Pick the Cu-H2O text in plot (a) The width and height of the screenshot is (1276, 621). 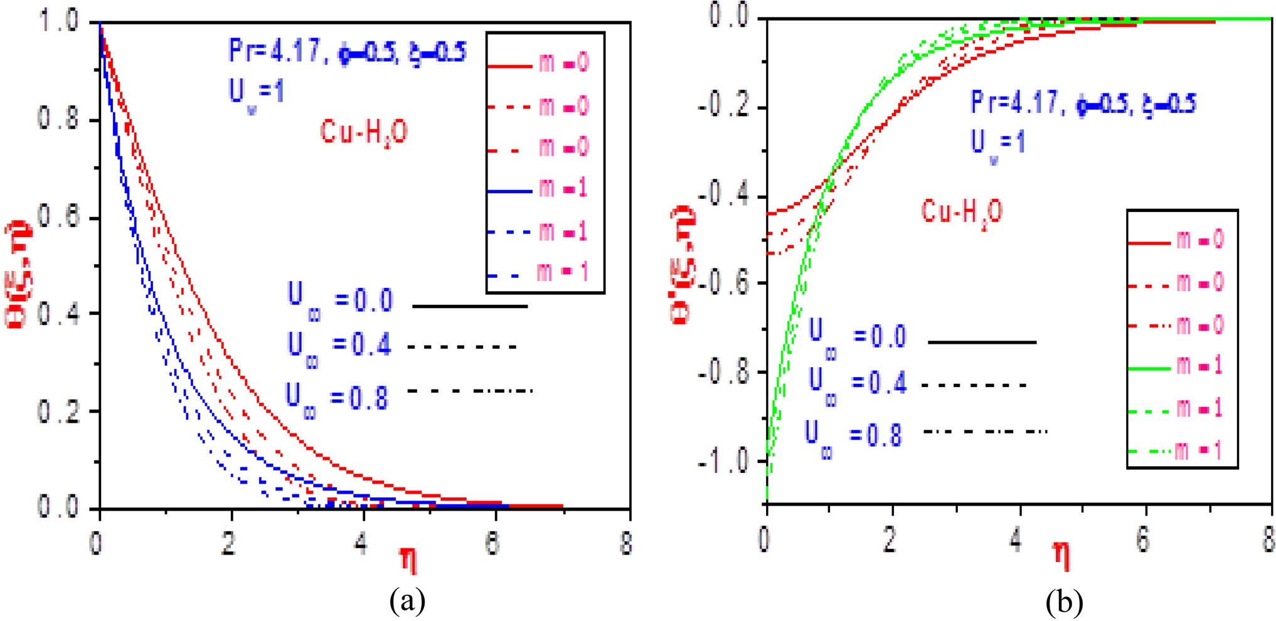click(x=364, y=133)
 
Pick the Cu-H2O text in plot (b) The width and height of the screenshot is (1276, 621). click(x=962, y=212)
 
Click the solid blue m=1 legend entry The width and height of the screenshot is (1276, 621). click(x=538, y=189)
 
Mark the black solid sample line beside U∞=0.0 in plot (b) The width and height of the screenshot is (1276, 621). click(x=982, y=342)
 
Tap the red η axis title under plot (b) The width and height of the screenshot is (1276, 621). click(x=1061, y=555)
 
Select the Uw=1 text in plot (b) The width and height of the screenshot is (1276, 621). click(x=997, y=144)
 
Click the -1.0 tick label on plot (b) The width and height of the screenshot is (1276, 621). click(x=722, y=461)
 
